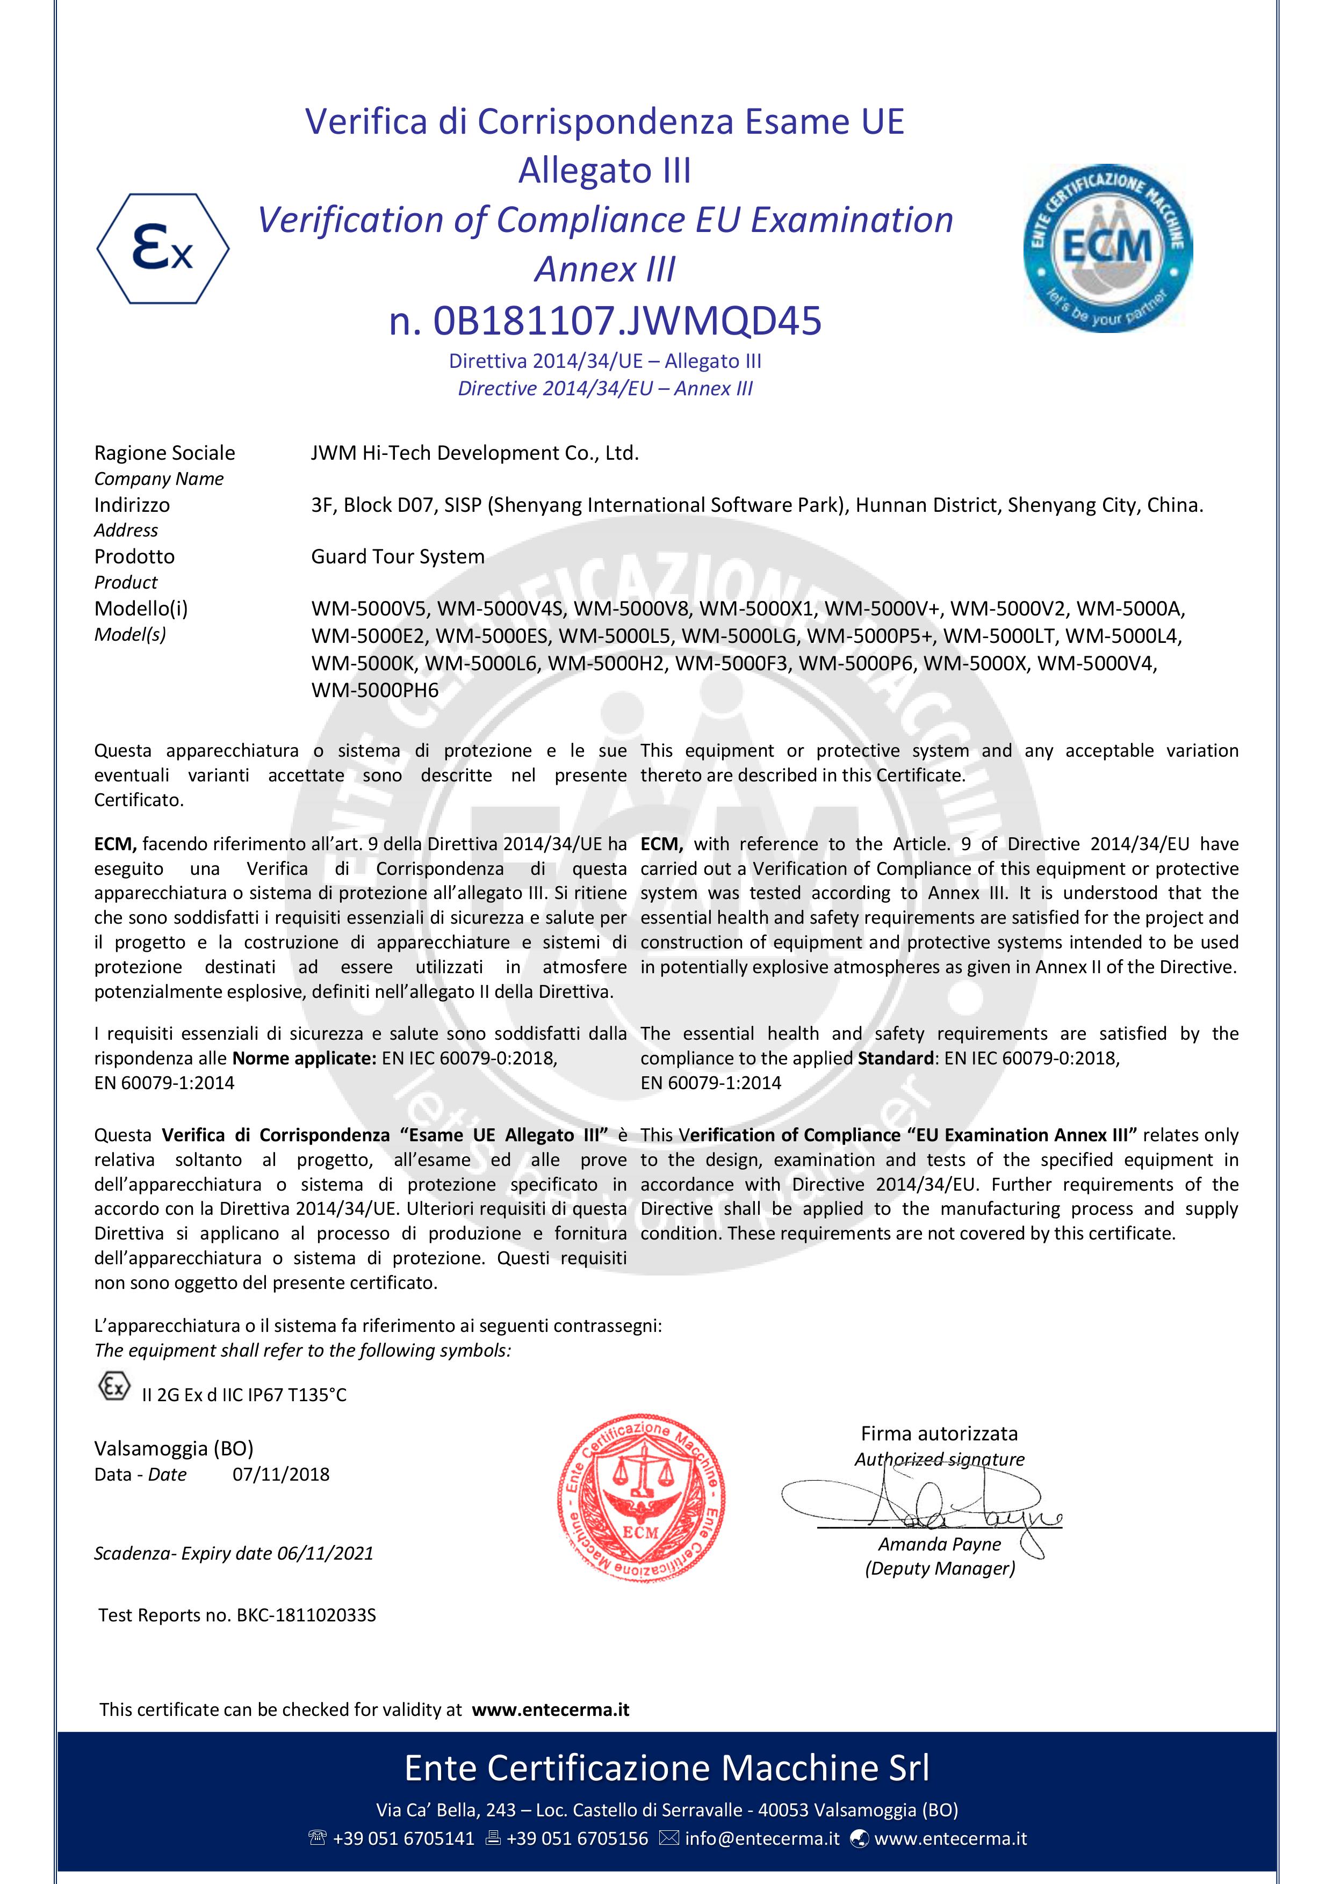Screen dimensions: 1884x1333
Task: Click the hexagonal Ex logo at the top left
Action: [x=162, y=249]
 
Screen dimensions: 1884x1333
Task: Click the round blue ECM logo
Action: [x=1107, y=248]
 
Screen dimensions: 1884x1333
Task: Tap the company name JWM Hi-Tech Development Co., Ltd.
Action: [x=474, y=453]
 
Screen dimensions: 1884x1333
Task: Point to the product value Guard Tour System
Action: [x=397, y=556]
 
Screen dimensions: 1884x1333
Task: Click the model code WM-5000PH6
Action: [x=375, y=690]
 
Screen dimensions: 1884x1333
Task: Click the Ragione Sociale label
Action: [x=164, y=453]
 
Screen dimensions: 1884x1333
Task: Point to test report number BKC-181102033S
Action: [x=306, y=1615]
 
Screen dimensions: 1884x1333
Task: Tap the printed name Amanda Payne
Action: [x=940, y=1544]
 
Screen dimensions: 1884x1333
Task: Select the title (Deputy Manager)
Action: [x=940, y=1569]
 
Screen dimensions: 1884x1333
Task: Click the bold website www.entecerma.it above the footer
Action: [x=550, y=1710]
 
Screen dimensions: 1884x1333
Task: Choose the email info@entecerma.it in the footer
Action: [x=762, y=1839]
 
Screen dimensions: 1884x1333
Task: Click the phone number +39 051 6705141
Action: [x=403, y=1839]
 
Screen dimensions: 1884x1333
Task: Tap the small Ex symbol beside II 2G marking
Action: [x=114, y=1387]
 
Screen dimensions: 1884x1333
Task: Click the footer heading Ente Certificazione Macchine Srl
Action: [x=666, y=1769]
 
